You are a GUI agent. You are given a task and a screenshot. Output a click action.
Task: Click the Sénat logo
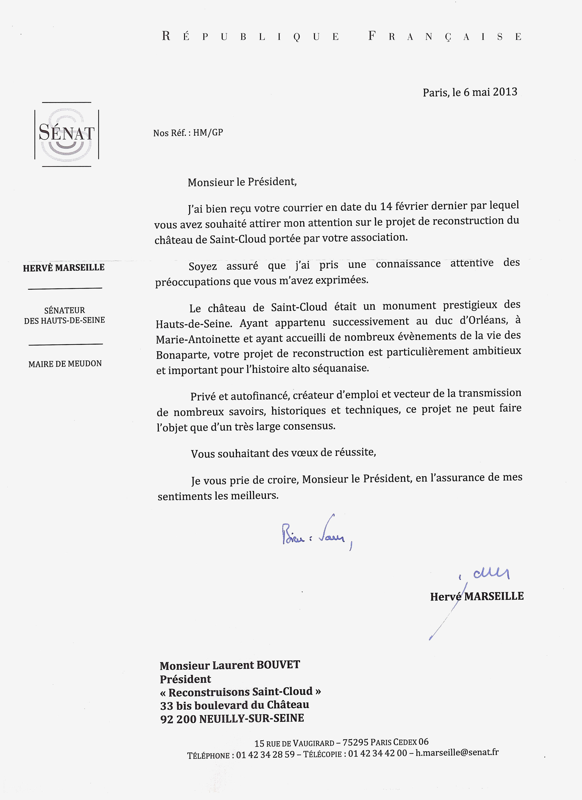(66, 134)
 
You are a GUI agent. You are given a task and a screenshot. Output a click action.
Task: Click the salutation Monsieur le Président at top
(242, 182)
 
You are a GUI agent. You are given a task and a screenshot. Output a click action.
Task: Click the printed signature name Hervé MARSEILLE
(476, 596)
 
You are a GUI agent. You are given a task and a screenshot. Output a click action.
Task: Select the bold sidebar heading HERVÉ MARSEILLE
(64, 267)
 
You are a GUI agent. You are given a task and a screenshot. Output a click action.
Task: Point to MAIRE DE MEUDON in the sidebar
(65, 364)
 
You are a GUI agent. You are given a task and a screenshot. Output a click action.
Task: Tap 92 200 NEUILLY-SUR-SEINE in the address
(232, 718)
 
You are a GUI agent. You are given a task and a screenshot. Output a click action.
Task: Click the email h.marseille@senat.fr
(457, 752)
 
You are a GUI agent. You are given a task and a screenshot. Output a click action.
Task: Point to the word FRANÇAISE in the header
(445, 36)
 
